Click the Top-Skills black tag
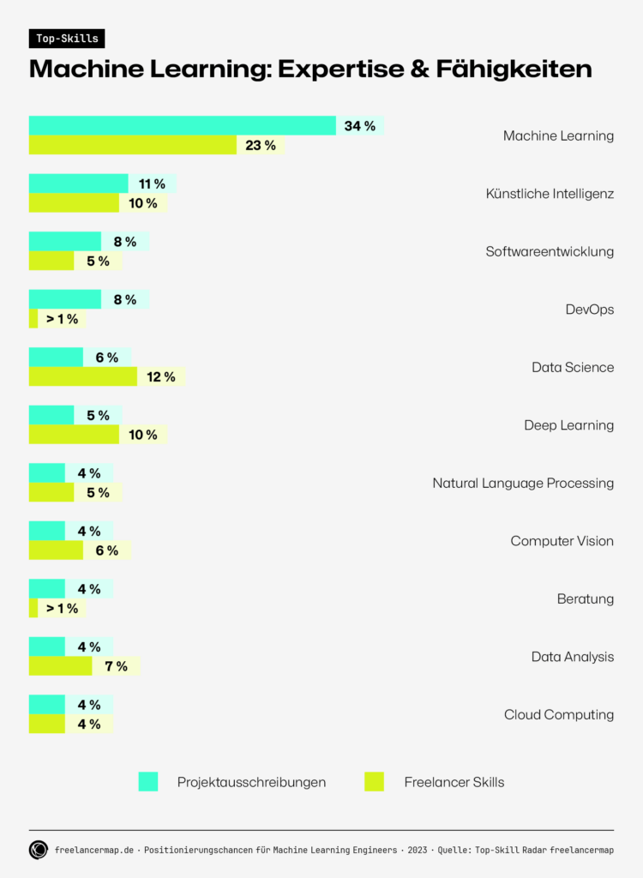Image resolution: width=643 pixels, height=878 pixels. tap(67, 39)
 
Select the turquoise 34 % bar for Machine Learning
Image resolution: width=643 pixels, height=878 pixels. tap(182, 126)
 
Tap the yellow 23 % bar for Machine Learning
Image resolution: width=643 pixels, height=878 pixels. tap(132, 145)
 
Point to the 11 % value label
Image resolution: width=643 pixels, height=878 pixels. tap(152, 184)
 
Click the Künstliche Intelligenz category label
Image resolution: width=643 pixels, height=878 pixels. tap(550, 194)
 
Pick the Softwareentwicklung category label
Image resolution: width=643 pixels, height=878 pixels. tap(550, 252)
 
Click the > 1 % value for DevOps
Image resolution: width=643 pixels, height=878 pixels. tap(62, 319)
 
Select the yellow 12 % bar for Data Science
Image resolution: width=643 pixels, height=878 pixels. tap(82, 376)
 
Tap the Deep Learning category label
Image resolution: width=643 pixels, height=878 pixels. tap(568, 425)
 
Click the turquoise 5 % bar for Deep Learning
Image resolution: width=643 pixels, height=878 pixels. tap(51, 415)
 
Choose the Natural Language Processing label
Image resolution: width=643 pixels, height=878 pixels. tap(523, 484)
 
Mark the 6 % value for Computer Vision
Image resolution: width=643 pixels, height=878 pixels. tap(107, 550)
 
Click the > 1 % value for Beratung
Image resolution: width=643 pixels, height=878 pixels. tap(62, 609)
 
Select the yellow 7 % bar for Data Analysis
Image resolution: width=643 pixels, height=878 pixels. tap(60, 666)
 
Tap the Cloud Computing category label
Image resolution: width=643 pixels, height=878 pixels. tap(559, 715)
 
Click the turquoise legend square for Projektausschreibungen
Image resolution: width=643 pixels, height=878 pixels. tap(148, 782)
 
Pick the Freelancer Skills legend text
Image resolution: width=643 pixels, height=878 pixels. tap(454, 782)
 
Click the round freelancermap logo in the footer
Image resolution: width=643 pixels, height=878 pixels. tap(39, 850)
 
